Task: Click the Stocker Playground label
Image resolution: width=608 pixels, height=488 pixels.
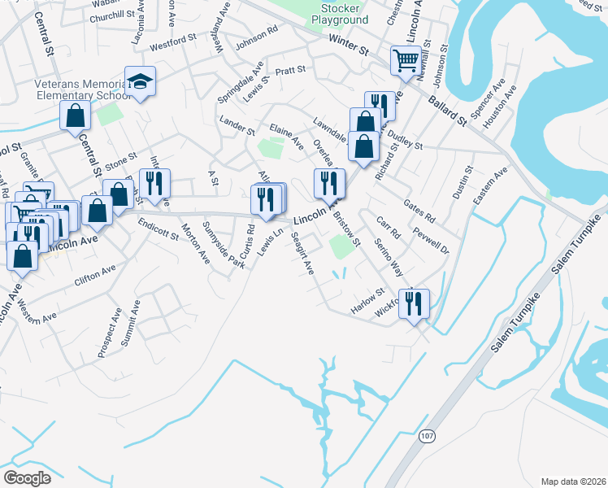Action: click(x=340, y=13)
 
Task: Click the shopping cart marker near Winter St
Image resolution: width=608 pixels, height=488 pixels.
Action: click(x=405, y=59)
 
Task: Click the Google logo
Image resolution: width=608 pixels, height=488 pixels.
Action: click(x=28, y=478)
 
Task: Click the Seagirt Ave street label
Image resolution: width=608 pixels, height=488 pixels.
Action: click(x=302, y=256)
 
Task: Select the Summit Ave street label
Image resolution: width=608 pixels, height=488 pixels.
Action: click(x=130, y=325)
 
